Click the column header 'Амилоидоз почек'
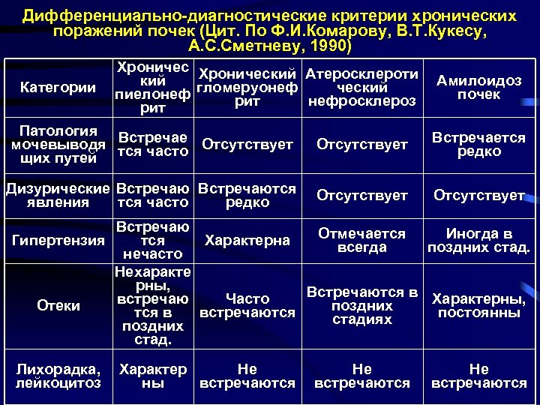pos(478,88)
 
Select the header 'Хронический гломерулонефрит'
pos(247,88)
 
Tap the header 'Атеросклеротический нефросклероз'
pos(362,88)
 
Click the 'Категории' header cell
pos(58,88)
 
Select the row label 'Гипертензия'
pos(58,240)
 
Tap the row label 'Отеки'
pos(58,306)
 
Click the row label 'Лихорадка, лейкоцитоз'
pos(58,376)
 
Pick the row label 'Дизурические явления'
pos(58,195)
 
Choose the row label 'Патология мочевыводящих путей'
pos(58,143)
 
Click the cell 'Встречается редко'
pos(478,144)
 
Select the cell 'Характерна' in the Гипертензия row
pos(247,241)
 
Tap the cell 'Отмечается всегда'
pos(362,241)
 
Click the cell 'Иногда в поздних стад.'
pos(478,241)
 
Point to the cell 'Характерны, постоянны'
pos(478,306)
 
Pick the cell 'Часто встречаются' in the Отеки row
pos(247,306)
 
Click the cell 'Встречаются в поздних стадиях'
pos(362,306)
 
